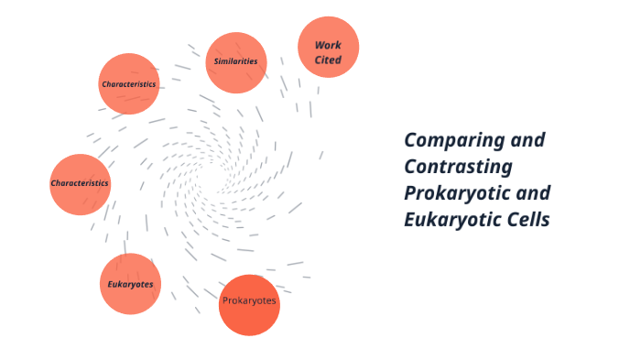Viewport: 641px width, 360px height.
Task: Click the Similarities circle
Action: (235, 62)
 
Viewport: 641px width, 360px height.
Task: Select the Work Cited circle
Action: (328, 47)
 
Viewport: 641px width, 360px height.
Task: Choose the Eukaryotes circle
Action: (130, 284)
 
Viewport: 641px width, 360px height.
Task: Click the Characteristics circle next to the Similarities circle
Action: (129, 83)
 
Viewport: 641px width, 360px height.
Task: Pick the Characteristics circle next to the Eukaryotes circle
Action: (80, 183)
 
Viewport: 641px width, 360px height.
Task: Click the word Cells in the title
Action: (528, 220)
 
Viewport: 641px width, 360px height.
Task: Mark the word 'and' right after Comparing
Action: (527, 140)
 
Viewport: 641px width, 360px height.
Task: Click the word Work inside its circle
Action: (328, 44)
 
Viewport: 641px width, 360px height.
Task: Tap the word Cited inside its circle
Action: (328, 60)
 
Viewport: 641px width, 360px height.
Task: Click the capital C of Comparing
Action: (411, 140)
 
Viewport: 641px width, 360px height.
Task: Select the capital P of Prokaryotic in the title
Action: (411, 193)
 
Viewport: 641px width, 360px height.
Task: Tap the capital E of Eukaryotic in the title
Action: (410, 220)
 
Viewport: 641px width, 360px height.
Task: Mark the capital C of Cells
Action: (511, 220)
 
